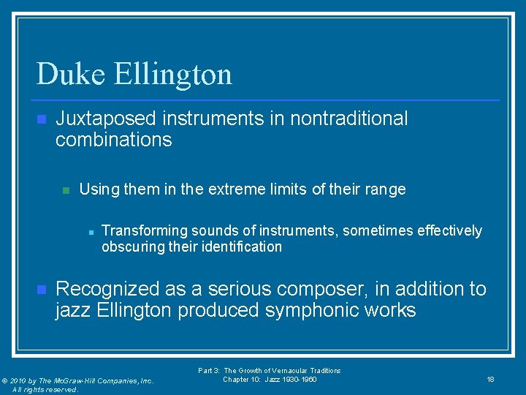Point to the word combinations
pos(113,140)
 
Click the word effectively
pos(449,231)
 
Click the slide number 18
pos(490,379)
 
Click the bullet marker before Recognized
pos(41,290)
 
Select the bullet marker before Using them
pos(65,190)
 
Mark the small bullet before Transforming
pos(89,232)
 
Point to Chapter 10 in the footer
pos(242,379)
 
